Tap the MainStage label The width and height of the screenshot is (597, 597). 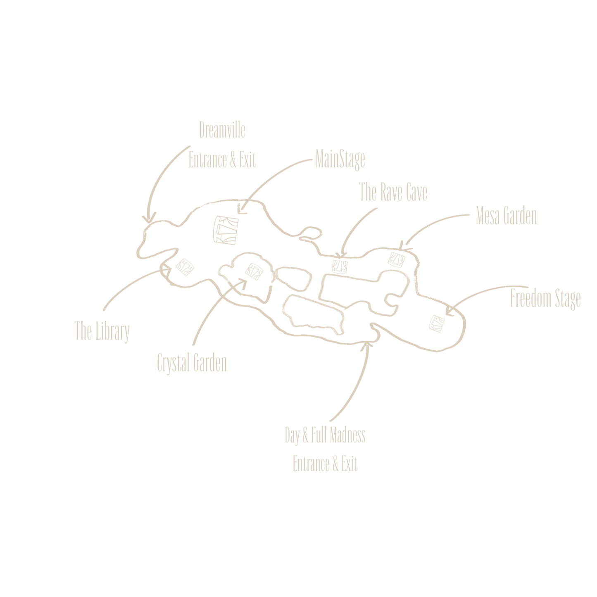click(x=340, y=159)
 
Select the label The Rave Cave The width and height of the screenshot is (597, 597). click(x=393, y=192)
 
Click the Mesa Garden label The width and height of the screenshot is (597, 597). click(x=506, y=216)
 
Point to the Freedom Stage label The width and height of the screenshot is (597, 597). click(x=545, y=299)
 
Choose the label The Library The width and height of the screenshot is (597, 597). click(x=102, y=331)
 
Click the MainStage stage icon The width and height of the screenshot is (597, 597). click(x=226, y=230)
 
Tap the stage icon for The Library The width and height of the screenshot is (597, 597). click(x=185, y=267)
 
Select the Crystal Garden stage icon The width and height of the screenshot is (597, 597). click(x=254, y=272)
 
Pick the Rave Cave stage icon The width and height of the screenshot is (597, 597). click(x=340, y=266)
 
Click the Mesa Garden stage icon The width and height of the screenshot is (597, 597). click(x=397, y=259)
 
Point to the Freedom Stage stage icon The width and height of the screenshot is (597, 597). click(x=437, y=324)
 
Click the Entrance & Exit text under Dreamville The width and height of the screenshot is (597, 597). click(x=222, y=160)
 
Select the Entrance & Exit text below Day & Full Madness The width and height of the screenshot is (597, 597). click(x=325, y=464)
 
